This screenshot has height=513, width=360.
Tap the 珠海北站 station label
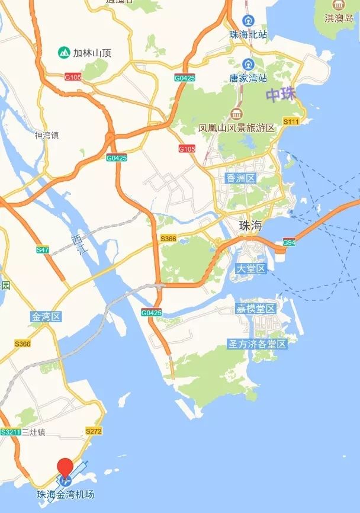[x=249, y=34]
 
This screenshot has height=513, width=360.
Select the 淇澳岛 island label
[x=338, y=18]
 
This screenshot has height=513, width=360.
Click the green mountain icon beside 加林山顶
[x=63, y=53]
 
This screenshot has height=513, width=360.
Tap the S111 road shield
[x=291, y=121]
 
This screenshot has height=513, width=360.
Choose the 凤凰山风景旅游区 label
[x=237, y=128]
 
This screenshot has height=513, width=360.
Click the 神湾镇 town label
[x=47, y=136]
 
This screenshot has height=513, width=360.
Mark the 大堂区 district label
[x=252, y=269]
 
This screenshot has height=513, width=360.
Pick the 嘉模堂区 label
[x=256, y=309]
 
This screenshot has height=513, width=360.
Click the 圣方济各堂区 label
[x=258, y=344]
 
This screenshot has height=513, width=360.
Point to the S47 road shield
[x=42, y=250]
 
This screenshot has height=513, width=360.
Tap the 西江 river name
[x=78, y=244]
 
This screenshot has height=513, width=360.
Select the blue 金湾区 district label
[x=46, y=317]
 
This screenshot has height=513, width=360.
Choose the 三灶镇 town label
[x=33, y=432]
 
